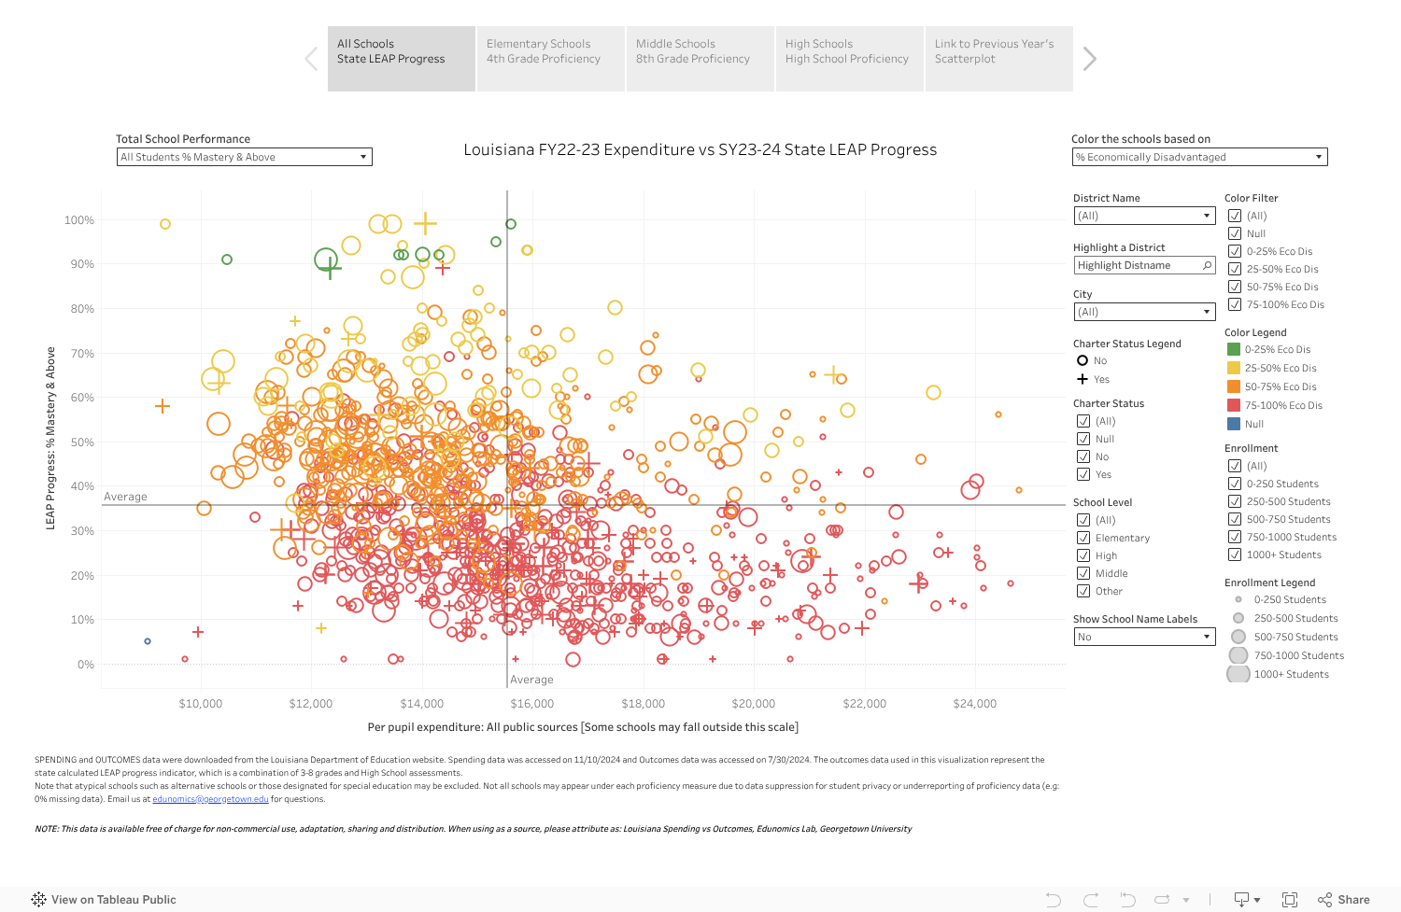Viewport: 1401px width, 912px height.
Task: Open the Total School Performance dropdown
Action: [245, 157]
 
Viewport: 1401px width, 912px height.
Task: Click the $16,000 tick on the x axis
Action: [531, 704]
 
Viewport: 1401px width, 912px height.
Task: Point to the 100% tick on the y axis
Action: [79, 220]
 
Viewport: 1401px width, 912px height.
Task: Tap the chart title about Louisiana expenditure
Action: [700, 149]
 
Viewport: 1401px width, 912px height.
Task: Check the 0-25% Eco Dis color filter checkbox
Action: [1235, 251]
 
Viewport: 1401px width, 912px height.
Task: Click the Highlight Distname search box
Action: [1137, 265]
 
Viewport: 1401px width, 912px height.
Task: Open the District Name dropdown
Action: [1143, 216]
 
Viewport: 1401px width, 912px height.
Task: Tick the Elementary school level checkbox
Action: [1083, 538]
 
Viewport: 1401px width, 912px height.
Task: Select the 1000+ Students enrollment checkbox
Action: [1235, 554]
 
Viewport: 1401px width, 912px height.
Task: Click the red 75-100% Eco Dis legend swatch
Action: [1234, 405]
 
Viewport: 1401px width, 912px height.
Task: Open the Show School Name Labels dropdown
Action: [1143, 637]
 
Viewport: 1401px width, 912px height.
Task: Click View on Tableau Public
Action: [104, 900]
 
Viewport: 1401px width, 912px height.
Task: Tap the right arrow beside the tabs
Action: [1089, 59]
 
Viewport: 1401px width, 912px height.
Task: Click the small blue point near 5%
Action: [148, 641]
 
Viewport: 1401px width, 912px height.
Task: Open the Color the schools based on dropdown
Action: [1199, 157]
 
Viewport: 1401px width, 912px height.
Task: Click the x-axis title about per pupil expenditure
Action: [583, 727]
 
